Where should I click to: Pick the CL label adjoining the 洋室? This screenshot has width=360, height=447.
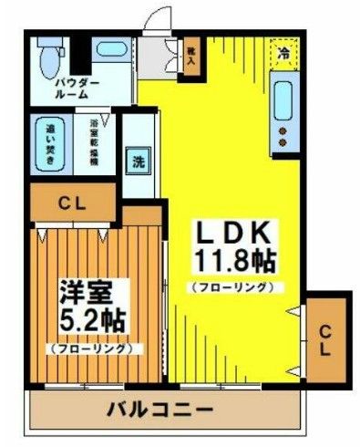coord(72,204)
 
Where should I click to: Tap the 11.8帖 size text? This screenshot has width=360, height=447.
coord(231,262)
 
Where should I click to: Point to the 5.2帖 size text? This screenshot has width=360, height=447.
coord(92,320)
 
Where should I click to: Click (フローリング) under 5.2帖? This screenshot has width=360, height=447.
coord(91,348)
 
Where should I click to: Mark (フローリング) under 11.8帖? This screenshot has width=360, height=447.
coord(231,287)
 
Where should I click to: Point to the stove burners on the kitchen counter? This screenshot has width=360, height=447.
coord(283,135)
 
